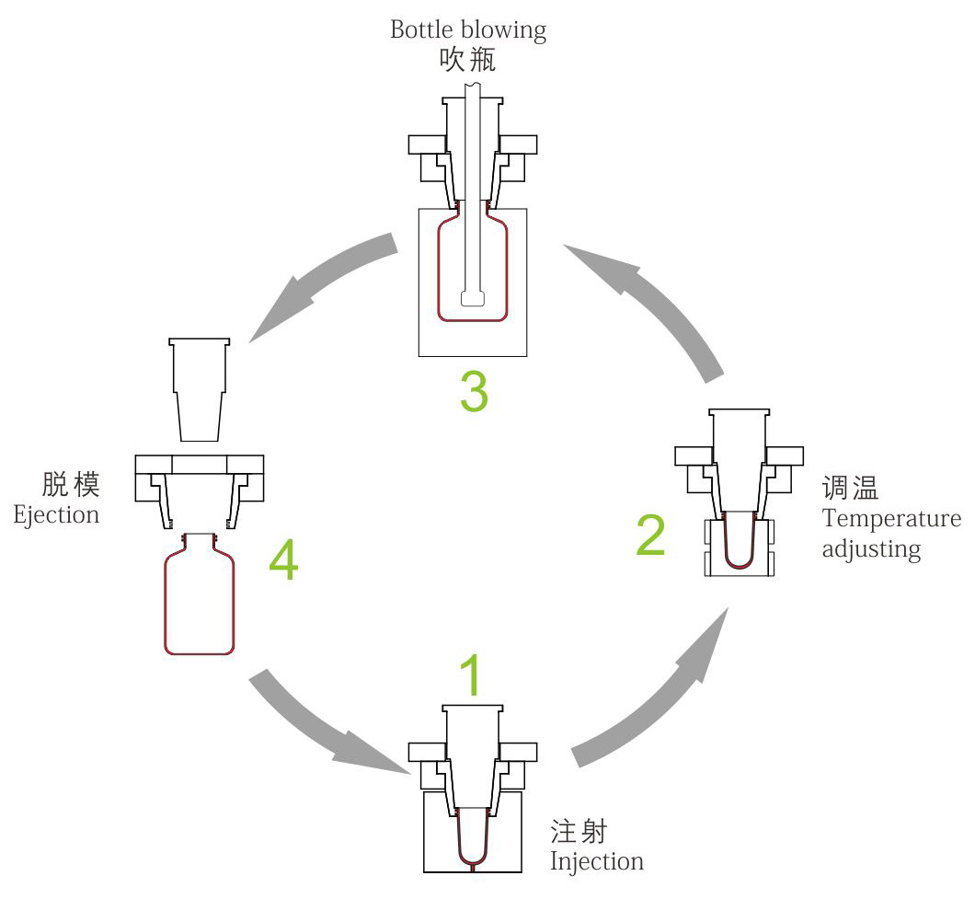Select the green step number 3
tap(473, 391)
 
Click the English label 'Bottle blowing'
tap(468, 29)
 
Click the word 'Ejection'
tap(56, 513)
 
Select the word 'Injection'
tap(596, 862)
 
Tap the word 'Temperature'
tap(891, 518)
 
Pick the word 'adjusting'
tap(871, 549)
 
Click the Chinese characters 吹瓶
tap(468, 61)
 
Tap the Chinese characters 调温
tap(851, 488)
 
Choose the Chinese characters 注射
tap(579, 832)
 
